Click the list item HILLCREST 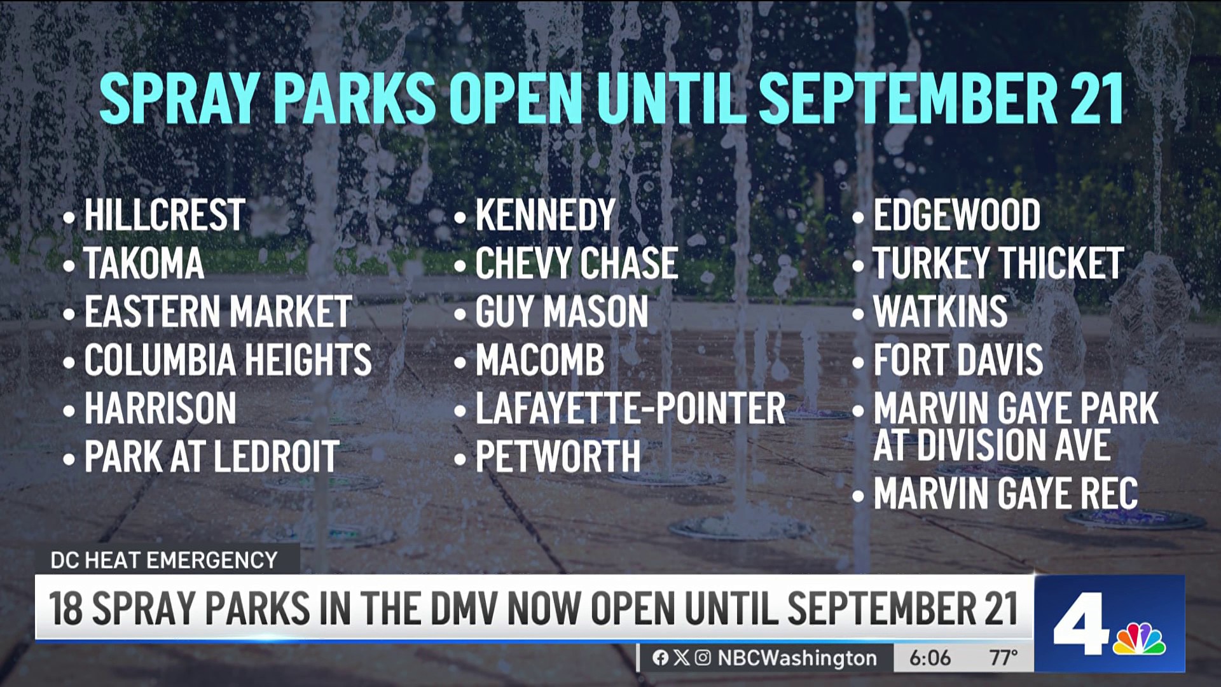tap(165, 215)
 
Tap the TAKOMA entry tap(144, 263)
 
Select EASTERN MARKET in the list tap(218, 312)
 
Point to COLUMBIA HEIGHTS tap(228, 360)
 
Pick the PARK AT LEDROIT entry tap(212, 457)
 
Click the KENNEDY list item tap(546, 215)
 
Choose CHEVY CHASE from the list tap(577, 263)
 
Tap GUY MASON tap(562, 312)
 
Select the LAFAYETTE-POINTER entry tap(631, 408)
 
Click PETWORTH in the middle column tap(558, 457)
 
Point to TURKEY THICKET tap(998, 263)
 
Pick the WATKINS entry tap(941, 312)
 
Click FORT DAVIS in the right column tap(958, 360)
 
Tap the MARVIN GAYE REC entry tap(1005, 494)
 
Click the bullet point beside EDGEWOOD tap(859, 218)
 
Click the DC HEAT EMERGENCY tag tap(164, 560)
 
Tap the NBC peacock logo tap(1139, 638)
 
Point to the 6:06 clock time tap(930, 658)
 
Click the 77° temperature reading tap(1004, 658)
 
